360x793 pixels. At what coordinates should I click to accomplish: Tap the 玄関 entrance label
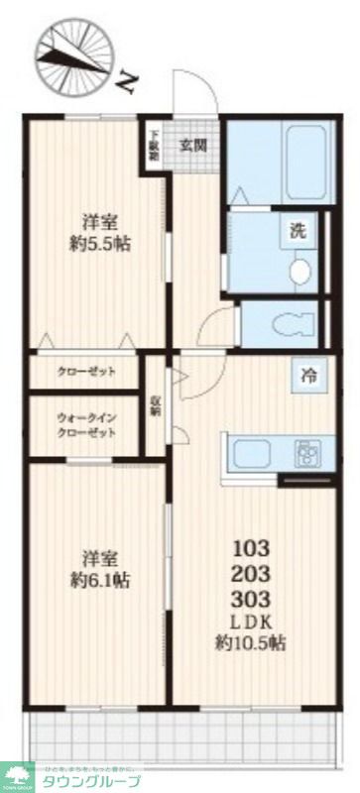click(192, 144)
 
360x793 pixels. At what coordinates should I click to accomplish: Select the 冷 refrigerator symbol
click(309, 376)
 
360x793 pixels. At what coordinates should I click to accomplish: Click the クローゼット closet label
click(86, 372)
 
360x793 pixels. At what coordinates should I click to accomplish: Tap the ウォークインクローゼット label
click(87, 425)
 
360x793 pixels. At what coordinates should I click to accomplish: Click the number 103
click(251, 547)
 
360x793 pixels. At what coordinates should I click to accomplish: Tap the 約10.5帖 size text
click(252, 643)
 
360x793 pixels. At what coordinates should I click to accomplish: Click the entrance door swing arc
click(197, 94)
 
